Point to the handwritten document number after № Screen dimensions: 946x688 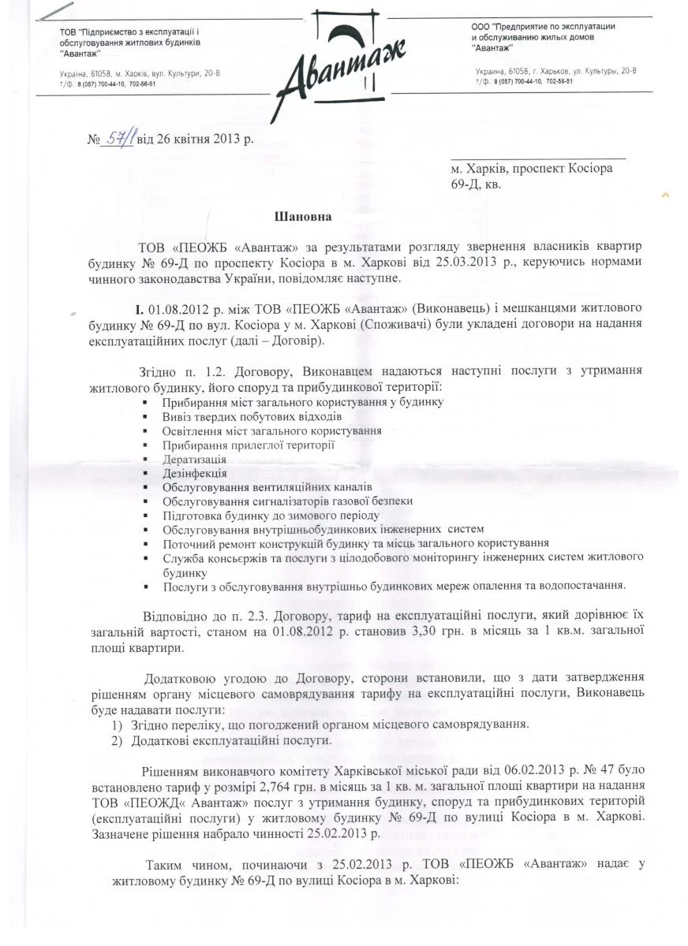119,139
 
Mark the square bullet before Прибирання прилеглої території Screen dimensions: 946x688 146,445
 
